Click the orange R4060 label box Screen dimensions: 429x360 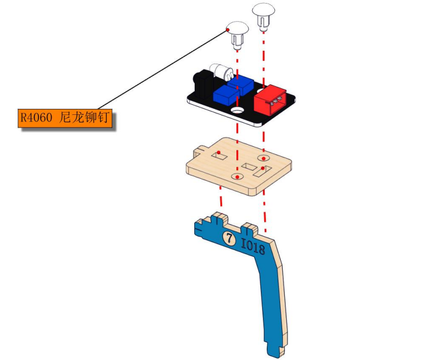(65, 118)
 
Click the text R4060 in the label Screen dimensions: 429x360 (36, 118)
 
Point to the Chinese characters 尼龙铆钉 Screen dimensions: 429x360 (84, 118)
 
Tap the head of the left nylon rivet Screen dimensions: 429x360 (237, 27)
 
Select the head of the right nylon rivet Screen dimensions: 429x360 (264, 10)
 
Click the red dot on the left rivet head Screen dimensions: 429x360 (228, 29)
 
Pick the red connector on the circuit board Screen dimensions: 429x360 (271, 99)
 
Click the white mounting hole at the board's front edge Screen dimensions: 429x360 (237, 111)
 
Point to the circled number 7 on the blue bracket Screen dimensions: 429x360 (229, 237)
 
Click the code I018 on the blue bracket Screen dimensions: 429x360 (253, 246)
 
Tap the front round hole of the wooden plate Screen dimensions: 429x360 (237, 177)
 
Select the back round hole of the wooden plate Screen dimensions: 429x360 (263, 158)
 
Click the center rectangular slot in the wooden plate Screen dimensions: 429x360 (249, 167)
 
